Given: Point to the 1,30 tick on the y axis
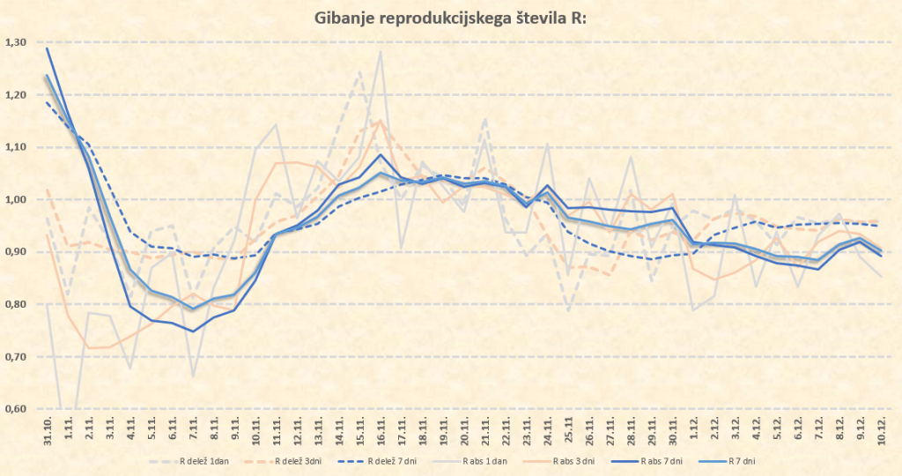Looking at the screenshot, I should pos(16,42).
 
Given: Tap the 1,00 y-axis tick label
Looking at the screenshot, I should pos(16,199).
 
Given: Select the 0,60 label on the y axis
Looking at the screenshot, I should pos(16,409).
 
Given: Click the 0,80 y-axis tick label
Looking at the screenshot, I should pos(16,304).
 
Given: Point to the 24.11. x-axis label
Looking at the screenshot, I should pos(548,431).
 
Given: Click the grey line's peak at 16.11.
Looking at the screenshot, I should pos(381,51).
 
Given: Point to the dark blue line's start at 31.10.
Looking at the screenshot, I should pos(47,48).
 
